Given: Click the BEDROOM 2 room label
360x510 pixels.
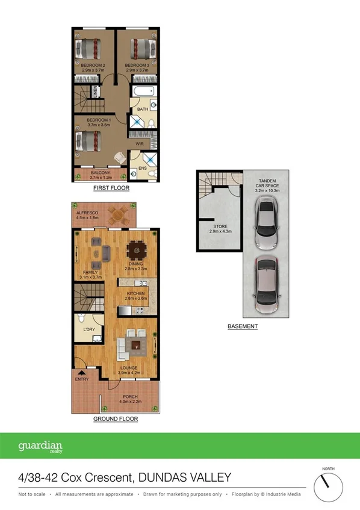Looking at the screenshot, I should pos(93,65).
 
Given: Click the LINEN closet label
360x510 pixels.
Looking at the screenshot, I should pos(95,92).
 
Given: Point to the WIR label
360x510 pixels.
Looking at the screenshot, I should pos(140,145).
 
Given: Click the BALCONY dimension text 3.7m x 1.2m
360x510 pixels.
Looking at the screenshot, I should pos(101,177).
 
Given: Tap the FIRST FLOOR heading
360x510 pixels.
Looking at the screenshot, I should pos(111,188).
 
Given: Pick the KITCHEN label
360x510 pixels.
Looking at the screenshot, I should pos(136,293).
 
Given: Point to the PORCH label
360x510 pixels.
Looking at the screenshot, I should pos(131,397).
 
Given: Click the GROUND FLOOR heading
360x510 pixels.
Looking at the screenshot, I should pos(116,418).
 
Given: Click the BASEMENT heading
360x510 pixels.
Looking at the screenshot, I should pos(243,326).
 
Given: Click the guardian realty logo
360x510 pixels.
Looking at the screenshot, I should pos(40,447).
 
